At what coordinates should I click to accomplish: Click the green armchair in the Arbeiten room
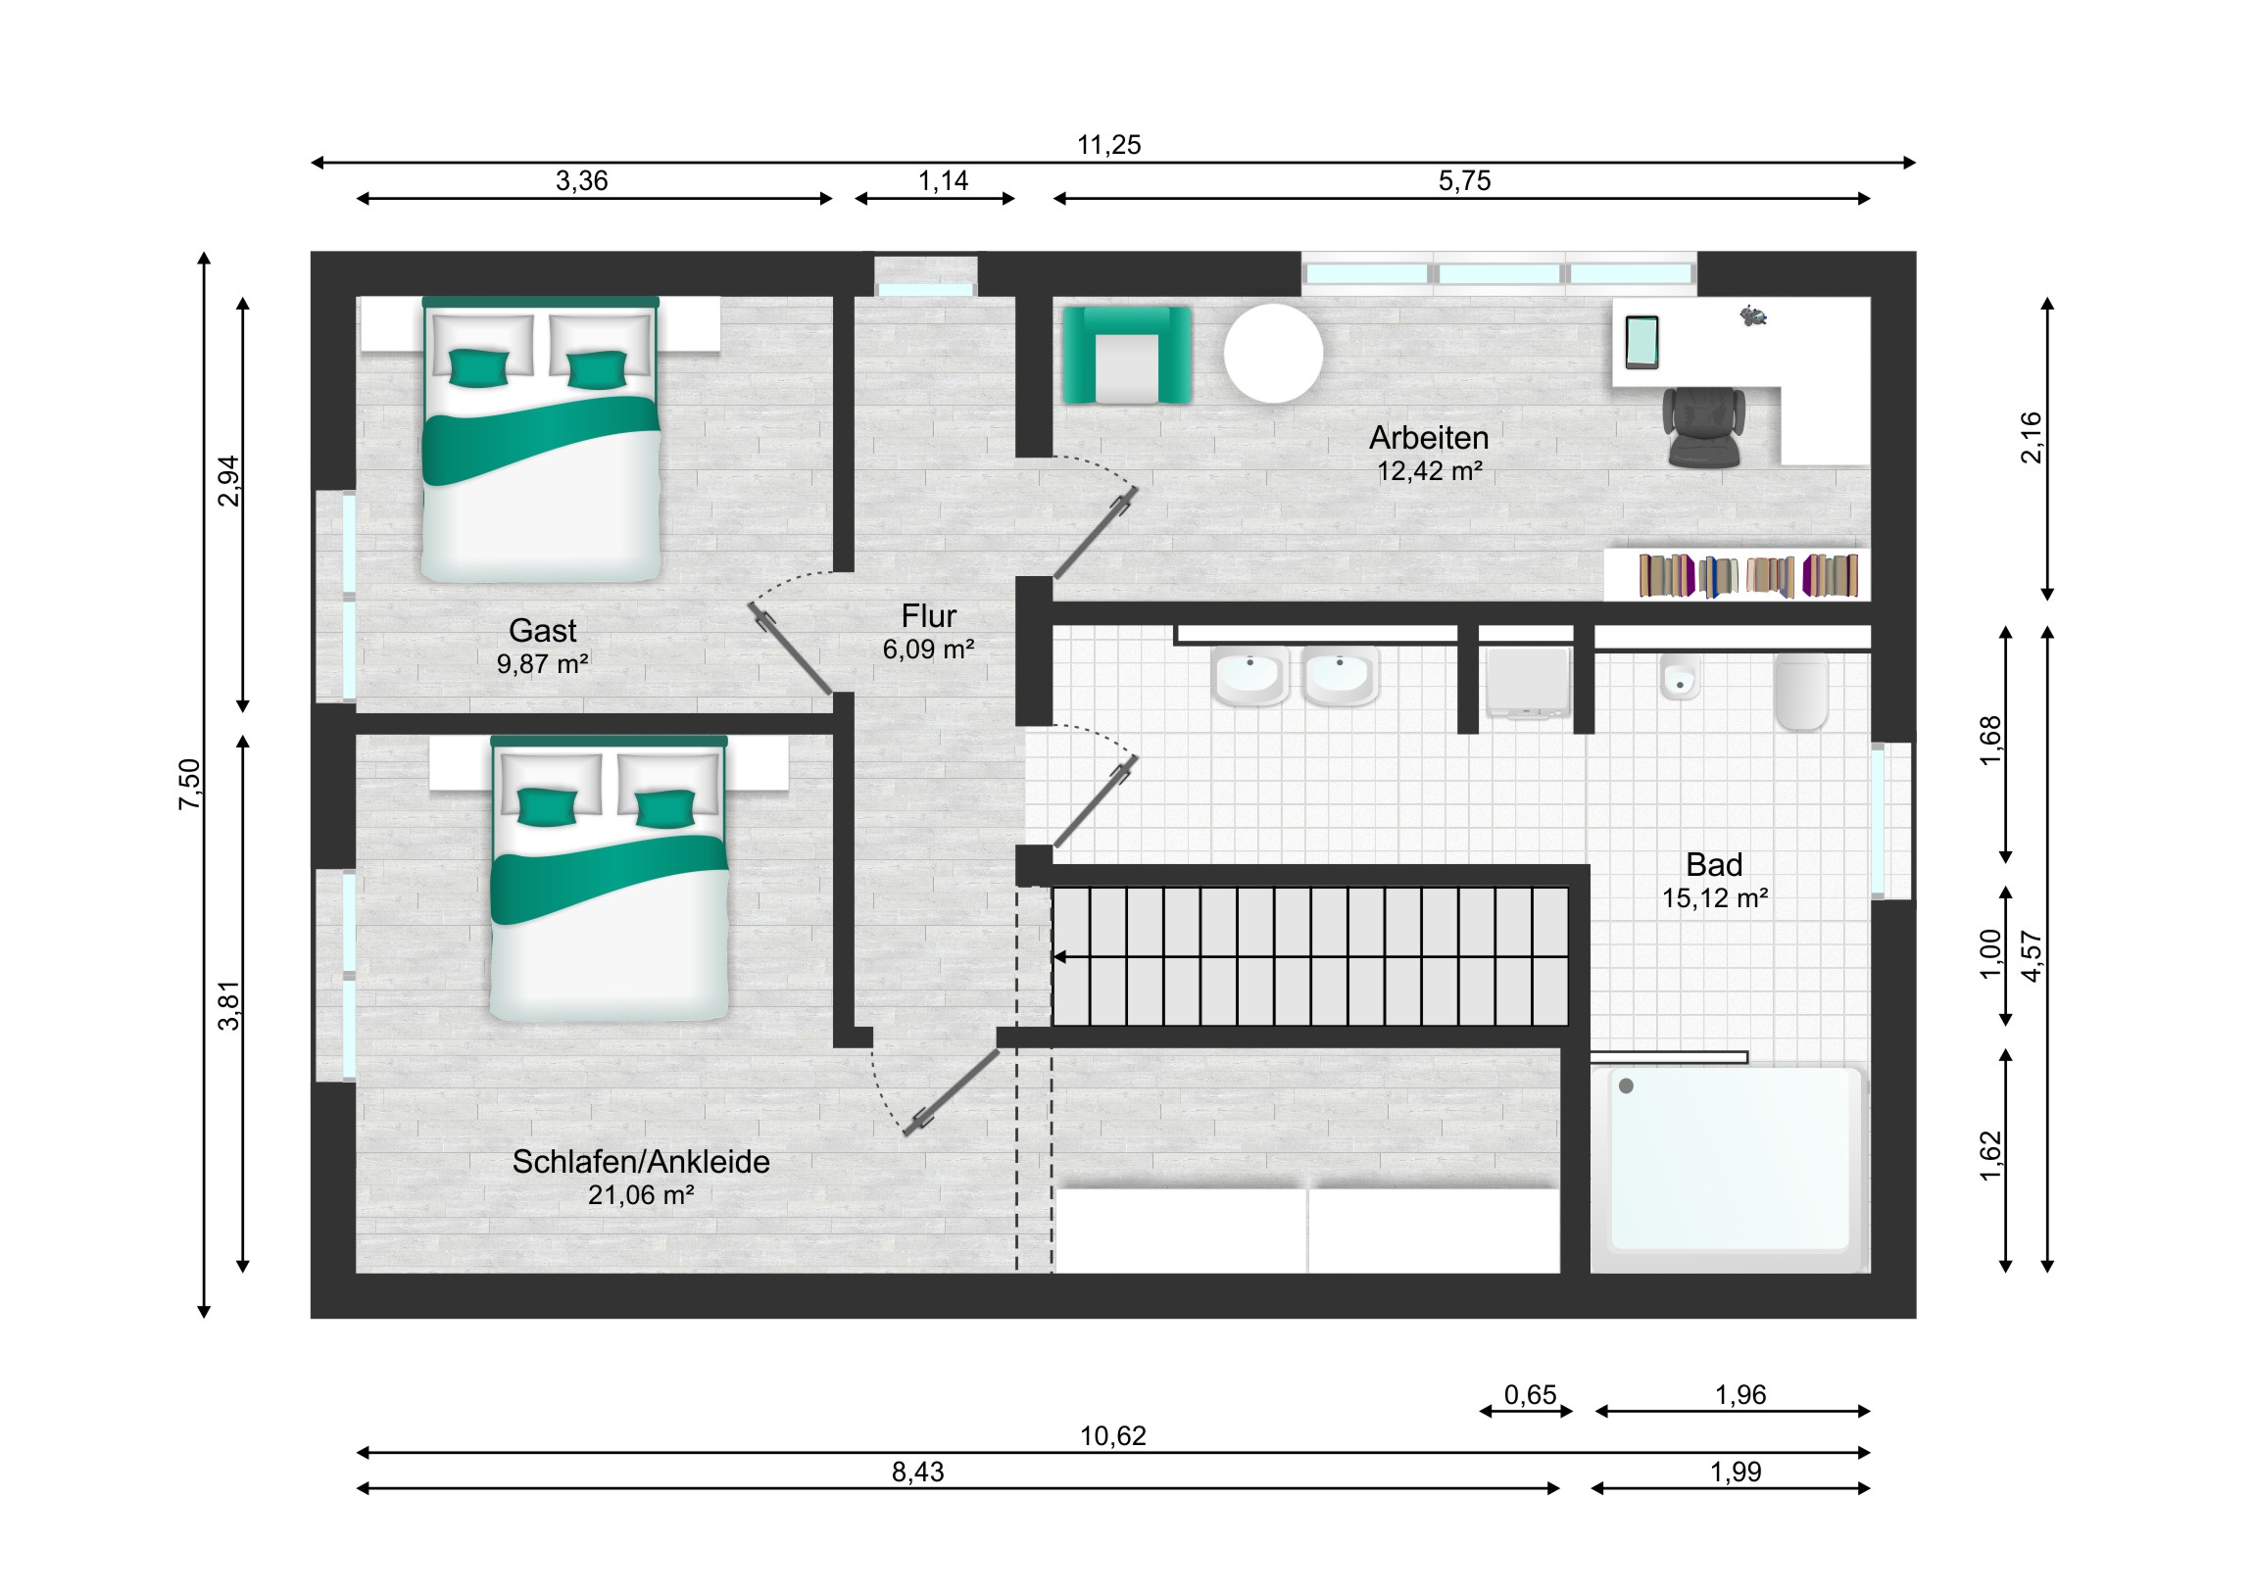(1127, 355)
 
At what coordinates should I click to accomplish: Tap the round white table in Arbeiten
(1273, 354)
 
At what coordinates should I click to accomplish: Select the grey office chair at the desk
(1703, 426)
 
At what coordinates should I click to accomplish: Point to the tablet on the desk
(1641, 343)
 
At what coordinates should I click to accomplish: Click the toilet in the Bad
(1801, 692)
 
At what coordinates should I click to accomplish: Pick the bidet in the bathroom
(1680, 677)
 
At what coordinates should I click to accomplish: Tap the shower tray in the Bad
(1729, 1169)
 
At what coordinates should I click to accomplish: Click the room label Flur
(928, 616)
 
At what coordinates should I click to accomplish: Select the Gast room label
(543, 630)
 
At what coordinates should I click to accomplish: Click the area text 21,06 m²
(641, 1195)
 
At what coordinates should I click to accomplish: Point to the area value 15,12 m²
(1714, 898)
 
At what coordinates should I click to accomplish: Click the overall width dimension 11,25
(1109, 145)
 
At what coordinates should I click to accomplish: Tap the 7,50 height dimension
(189, 784)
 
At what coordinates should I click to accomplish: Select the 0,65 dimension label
(1531, 1395)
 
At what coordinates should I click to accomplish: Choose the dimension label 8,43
(918, 1472)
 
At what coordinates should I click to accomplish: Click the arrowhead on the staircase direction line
(1059, 957)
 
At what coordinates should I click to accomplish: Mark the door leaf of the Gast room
(790, 648)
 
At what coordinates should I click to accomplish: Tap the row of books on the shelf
(1748, 575)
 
